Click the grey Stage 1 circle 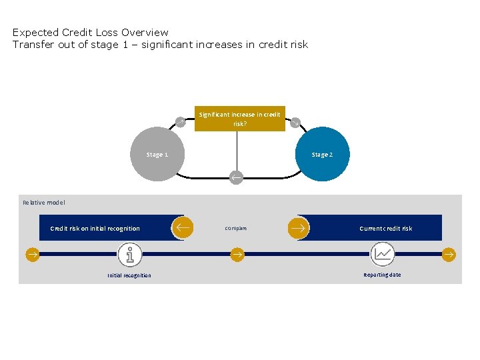pyautogui.click(x=157, y=154)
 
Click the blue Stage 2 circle pyautogui.click(x=322, y=154)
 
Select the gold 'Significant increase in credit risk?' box pyautogui.click(x=239, y=119)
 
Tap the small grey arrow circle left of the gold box pyautogui.click(x=179, y=121)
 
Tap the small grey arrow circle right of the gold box pyautogui.click(x=295, y=122)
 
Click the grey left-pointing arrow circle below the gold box pyautogui.click(x=236, y=177)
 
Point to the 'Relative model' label pyautogui.click(x=44, y=202)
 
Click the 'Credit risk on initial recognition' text pyautogui.click(x=95, y=228)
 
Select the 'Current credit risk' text pyautogui.click(x=385, y=228)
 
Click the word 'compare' pyautogui.click(x=236, y=228)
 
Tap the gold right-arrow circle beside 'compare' pyautogui.click(x=299, y=227)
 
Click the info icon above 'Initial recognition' pyautogui.click(x=130, y=254)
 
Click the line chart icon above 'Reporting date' pyautogui.click(x=383, y=254)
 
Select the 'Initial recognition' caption pyautogui.click(x=129, y=275)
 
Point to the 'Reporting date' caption pyautogui.click(x=382, y=275)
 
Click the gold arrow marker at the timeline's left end pyautogui.click(x=32, y=254)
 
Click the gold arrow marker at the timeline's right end pyautogui.click(x=449, y=254)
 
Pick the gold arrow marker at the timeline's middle pyautogui.click(x=237, y=254)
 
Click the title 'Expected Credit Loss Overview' pyautogui.click(x=91, y=32)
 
